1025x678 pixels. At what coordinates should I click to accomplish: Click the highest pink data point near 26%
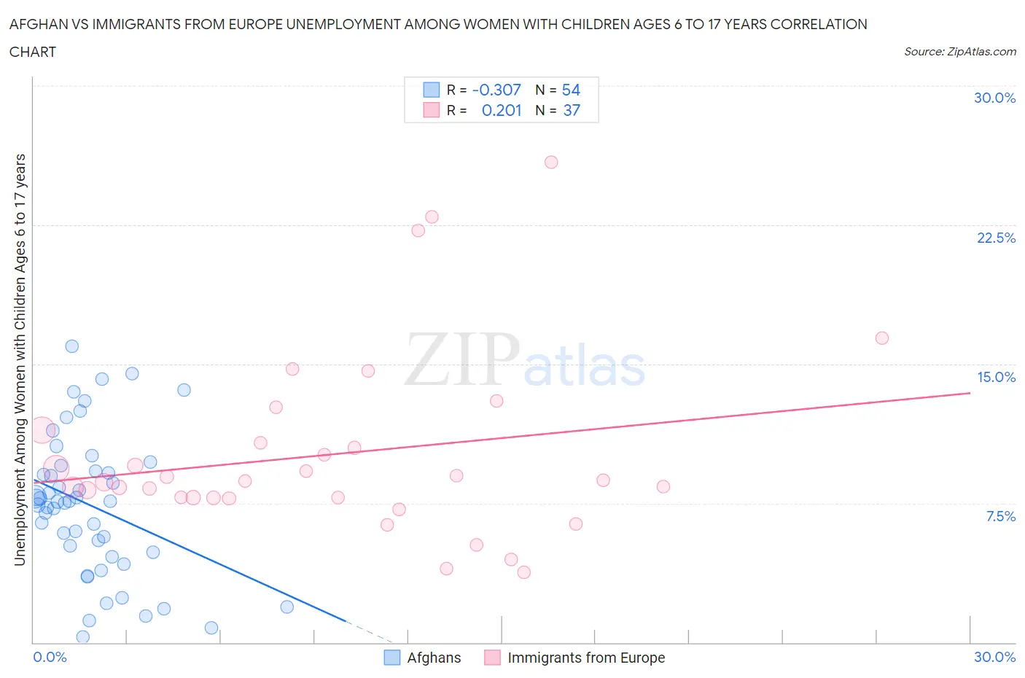point(551,162)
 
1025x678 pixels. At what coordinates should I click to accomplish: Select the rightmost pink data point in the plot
point(881,338)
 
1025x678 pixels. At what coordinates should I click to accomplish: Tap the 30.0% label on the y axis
point(994,98)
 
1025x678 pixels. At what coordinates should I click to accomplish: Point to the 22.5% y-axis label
point(996,238)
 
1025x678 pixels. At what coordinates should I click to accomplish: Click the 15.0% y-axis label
point(996,377)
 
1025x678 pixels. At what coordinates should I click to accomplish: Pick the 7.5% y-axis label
point(1000,516)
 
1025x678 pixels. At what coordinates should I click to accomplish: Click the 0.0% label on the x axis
point(50,657)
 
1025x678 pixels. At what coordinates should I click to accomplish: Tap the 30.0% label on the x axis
point(994,657)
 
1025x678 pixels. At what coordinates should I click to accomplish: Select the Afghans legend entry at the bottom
point(434,658)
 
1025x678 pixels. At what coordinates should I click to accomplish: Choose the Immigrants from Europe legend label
point(586,658)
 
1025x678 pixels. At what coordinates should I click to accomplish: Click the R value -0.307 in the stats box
point(496,90)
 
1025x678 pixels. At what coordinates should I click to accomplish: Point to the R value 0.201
point(502,110)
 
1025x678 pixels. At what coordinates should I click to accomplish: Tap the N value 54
point(571,90)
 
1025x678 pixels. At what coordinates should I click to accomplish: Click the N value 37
point(572,110)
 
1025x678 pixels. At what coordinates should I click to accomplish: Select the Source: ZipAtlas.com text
point(959,51)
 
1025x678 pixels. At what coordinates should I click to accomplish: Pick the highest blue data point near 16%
point(71,346)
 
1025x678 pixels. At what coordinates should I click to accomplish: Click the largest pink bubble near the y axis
point(42,431)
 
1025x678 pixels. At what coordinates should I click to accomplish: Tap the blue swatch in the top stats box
point(432,90)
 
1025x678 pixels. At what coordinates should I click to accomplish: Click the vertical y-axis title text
point(20,359)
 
